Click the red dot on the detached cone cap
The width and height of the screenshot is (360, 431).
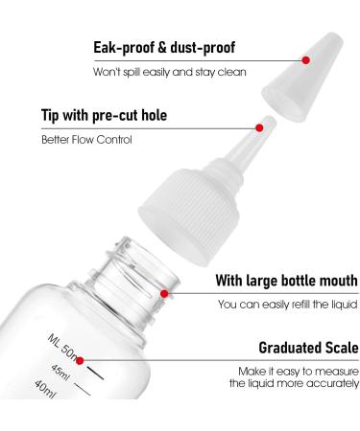click(x=306, y=59)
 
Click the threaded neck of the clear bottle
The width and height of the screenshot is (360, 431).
click(x=154, y=273)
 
